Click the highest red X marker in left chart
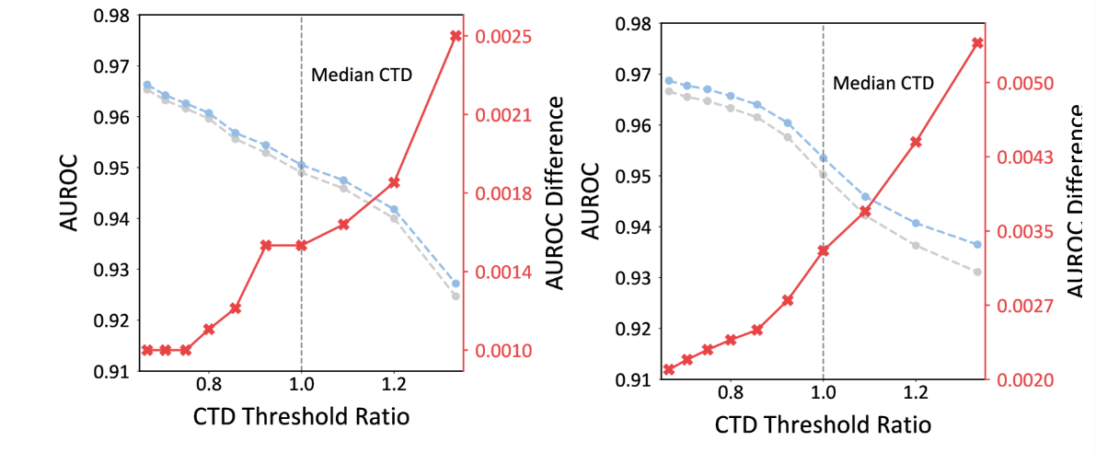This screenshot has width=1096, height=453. coord(456,36)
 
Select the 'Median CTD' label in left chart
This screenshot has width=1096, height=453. coord(362,75)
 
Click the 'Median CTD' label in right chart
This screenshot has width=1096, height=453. coord(883,83)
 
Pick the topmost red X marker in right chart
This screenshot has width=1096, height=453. coord(977,42)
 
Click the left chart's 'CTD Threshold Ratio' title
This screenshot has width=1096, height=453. coord(301,416)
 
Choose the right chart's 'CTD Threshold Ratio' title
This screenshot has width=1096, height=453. coord(823,424)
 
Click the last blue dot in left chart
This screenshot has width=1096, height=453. coord(456,283)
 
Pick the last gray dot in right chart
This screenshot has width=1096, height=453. coord(977,272)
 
